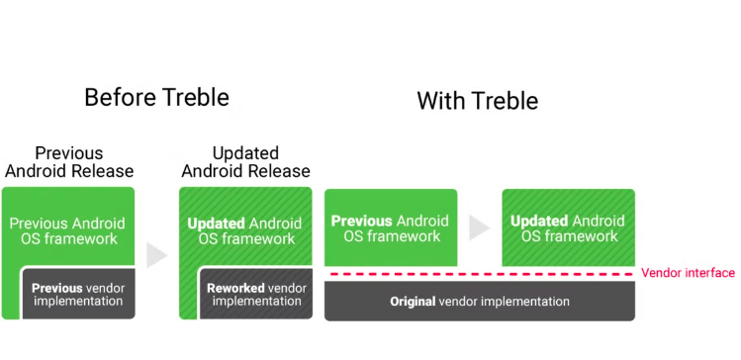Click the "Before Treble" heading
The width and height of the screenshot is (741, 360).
tap(156, 97)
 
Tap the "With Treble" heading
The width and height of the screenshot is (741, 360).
tap(477, 101)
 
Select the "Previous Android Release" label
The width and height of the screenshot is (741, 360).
tap(69, 162)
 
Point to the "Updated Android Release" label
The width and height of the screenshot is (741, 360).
tap(245, 162)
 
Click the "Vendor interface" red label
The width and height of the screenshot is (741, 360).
tap(688, 273)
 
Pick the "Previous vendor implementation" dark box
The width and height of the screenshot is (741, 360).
tap(77, 294)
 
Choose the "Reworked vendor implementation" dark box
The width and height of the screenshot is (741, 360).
tap(256, 294)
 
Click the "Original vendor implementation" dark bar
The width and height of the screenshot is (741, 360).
tap(479, 302)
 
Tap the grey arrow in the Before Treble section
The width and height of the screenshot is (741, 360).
tap(156, 255)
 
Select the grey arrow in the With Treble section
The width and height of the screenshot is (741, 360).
tap(479, 227)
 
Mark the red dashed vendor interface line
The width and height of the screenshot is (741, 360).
tap(479, 274)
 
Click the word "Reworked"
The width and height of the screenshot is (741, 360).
tap(235, 288)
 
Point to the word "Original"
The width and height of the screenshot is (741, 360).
tap(414, 302)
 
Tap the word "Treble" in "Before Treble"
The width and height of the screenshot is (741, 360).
tap(193, 97)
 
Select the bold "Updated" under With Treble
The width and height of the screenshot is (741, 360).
tap(539, 221)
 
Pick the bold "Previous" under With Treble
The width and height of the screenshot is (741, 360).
tap(360, 221)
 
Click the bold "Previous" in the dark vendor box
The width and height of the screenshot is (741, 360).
tap(56, 288)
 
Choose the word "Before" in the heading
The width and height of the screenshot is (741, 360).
tap(119, 97)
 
